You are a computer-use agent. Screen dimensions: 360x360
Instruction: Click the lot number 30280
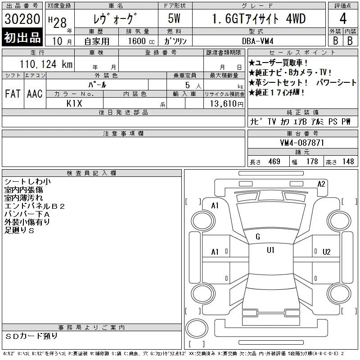(22, 19)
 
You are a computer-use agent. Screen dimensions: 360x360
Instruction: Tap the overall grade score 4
(343, 18)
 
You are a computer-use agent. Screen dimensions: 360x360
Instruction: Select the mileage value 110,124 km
(46, 64)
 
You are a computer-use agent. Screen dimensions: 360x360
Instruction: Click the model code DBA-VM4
(257, 41)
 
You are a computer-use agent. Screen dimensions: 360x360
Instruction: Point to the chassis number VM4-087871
(301, 143)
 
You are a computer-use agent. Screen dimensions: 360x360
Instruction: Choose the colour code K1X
(74, 103)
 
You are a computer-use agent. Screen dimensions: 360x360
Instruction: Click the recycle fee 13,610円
(227, 104)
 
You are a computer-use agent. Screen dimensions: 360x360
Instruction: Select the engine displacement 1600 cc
(141, 41)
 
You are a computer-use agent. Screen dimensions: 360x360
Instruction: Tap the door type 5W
(174, 18)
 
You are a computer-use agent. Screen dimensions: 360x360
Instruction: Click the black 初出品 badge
(22, 37)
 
